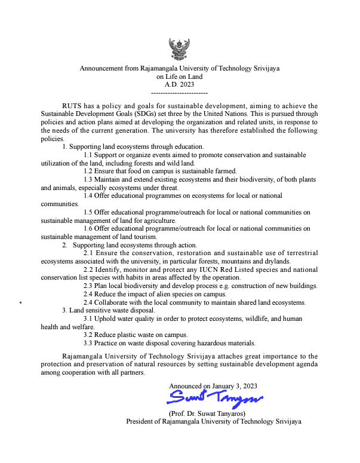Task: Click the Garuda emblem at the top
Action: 179,49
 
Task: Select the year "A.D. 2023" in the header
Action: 179,84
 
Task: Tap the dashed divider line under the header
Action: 179,93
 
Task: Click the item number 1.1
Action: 88,155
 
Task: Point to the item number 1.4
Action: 88,195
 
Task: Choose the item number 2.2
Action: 88,269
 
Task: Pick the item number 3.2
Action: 88,335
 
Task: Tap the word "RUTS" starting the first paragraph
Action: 73,106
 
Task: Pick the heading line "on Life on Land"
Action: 179,76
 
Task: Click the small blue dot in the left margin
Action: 21,303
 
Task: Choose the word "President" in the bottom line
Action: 141,421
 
